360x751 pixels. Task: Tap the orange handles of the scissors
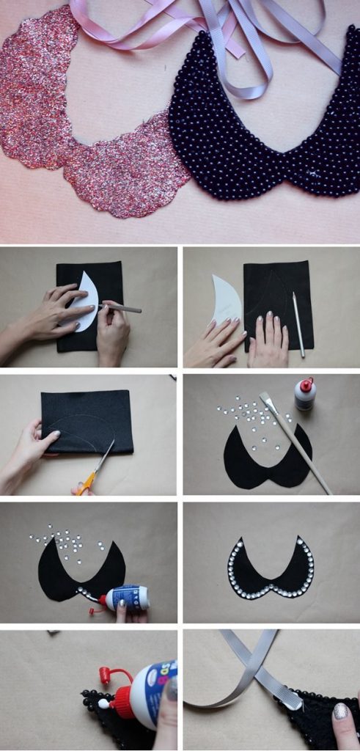click(x=87, y=483)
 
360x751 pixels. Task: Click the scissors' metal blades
click(x=105, y=457)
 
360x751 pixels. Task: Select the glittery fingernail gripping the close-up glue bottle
click(x=170, y=689)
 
